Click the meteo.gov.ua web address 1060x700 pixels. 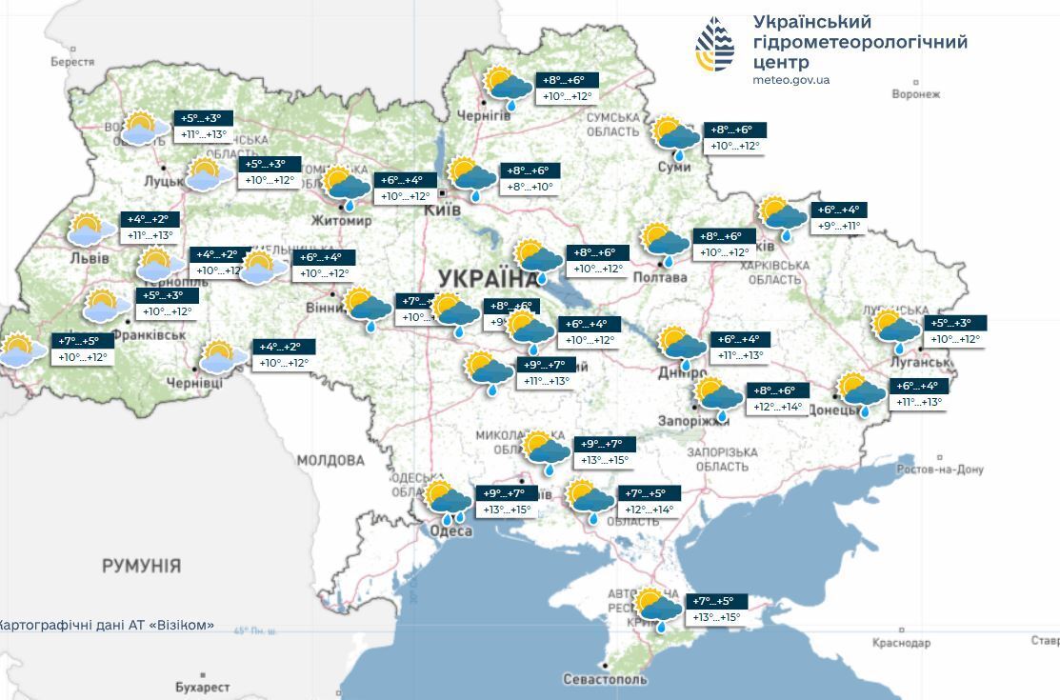(x=790, y=80)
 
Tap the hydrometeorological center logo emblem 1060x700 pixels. (x=714, y=45)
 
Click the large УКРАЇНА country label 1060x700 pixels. (x=487, y=278)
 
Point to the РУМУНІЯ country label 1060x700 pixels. (x=141, y=566)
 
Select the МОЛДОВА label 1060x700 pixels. (x=330, y=461)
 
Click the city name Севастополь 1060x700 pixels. (x=605, y=679)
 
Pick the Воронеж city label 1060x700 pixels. (x=916, y=94)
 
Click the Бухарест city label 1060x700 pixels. (x=202, y=687)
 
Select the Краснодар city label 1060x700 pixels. (x=901, y=643)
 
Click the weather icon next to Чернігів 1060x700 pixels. (x=507, y=88)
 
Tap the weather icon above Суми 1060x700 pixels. (x=674, y=136)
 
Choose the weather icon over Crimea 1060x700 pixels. (x=657, y=610)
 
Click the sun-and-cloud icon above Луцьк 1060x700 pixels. (x=141, y=128)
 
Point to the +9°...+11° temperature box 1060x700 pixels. (x=839, y=227)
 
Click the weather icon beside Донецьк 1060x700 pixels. (x=860, y=393)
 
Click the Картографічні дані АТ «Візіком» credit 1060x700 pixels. (x=106, y=626)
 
